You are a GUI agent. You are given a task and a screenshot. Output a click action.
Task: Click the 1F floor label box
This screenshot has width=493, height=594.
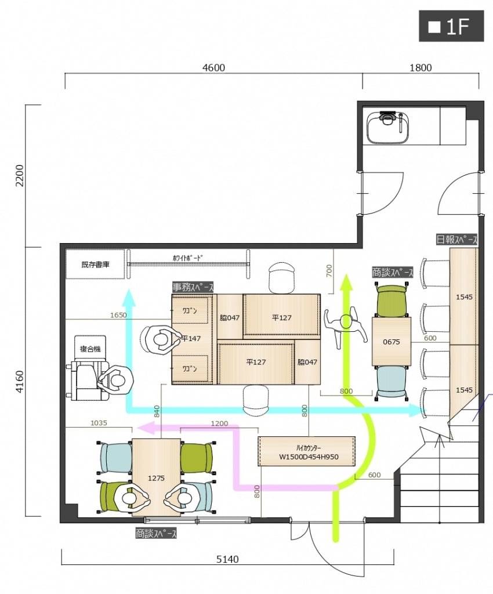point(451,26)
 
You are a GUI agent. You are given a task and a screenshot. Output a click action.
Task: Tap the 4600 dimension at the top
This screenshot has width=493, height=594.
point(213,68)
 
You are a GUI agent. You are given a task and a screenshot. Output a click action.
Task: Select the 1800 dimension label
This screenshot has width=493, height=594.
point(420,68)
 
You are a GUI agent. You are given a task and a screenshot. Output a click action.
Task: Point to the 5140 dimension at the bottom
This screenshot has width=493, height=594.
point(227,559)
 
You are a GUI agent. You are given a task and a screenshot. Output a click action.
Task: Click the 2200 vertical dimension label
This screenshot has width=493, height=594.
point(19,175)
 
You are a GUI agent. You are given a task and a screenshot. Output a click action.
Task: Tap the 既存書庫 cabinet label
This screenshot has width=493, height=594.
point(95,264)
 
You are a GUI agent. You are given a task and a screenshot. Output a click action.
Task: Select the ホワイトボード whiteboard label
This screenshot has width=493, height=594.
point(187,258)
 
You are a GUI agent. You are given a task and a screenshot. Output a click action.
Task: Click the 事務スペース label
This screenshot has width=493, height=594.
point(193,287)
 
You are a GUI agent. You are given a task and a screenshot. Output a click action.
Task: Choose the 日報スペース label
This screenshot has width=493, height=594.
point(456,240)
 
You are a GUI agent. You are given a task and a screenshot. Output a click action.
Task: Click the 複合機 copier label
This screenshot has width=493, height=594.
point(90,349)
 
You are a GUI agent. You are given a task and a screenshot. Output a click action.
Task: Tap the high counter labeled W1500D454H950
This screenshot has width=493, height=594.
point(307,451)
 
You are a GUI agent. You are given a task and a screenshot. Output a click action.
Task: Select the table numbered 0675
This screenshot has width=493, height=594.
point(391,341)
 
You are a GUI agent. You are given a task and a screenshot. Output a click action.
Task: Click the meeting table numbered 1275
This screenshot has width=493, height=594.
point(156,477)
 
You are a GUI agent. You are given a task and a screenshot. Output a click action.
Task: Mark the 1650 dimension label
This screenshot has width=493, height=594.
point(118,315)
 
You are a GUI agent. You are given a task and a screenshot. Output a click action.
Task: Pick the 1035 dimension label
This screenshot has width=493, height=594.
point(99,423)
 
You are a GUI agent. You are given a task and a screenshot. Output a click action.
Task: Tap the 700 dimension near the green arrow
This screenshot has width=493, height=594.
point(329,270)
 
